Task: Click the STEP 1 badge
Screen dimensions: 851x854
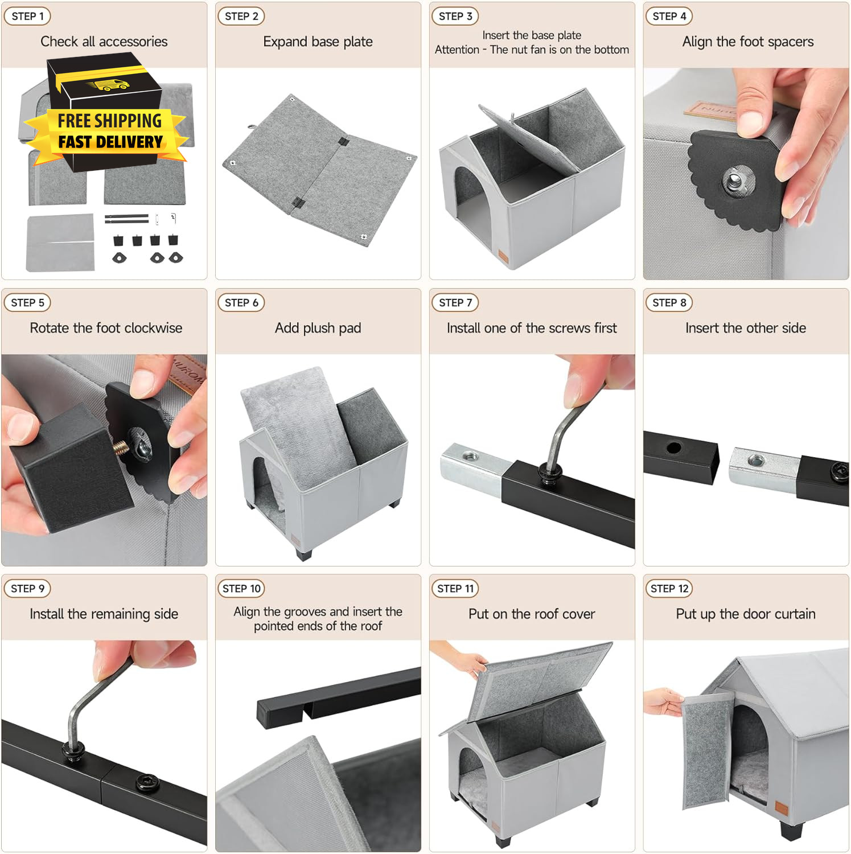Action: (27, 16)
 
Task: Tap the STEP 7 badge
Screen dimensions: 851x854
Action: (455, 302)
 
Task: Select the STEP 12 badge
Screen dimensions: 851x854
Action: (669, 588)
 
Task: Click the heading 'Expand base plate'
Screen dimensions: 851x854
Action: (318, 42)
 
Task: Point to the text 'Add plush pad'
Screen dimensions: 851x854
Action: (318, 328)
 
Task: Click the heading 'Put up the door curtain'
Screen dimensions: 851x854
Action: (746, 614)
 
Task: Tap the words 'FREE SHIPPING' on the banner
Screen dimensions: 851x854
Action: (109, 121)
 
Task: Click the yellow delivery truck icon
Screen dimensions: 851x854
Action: (108, 85)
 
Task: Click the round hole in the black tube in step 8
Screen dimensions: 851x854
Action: (673, 447)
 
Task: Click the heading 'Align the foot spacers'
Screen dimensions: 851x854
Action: (747, 42)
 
